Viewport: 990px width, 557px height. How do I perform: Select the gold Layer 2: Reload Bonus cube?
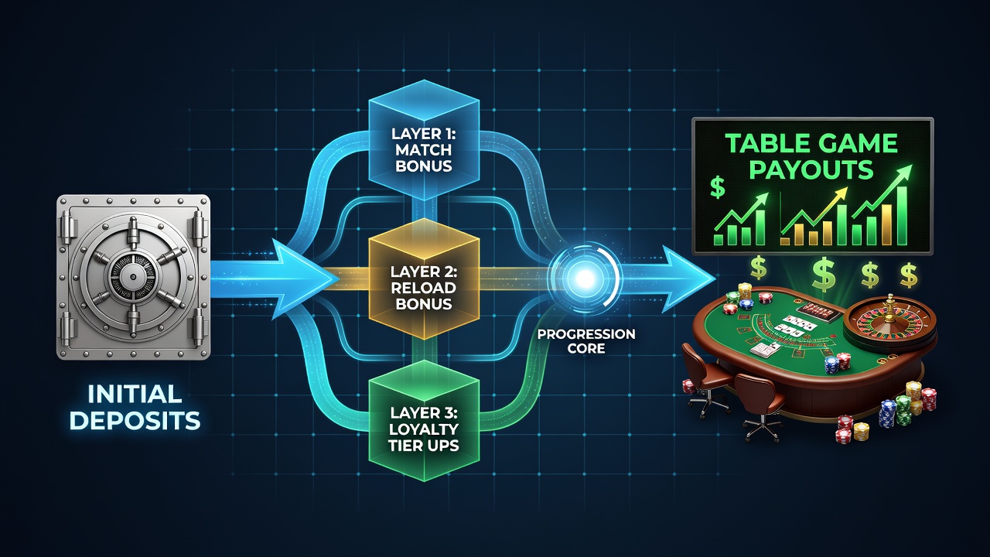pyautogui.click(x=424, y=279)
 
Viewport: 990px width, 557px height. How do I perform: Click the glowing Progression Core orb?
pyautogui.click(x=585, y=278)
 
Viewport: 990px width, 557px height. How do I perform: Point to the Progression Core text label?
pyautogui.click(x=586, y=341)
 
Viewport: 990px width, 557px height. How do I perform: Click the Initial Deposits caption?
pyautogui.click(x=135, y=407)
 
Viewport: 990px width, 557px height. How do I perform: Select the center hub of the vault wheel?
pyautogui.click(x=132, y=277)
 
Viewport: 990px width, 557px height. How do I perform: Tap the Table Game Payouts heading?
pyautogui.click(x=811, y=156)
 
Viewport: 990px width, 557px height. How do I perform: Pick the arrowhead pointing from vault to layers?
pyautogui.click(x=305, y=279)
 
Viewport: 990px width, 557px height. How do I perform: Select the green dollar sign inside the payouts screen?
pyautogui.click(x=717, y=187)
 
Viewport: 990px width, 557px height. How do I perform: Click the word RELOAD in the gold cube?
pyautogui.click(x=424, y=288)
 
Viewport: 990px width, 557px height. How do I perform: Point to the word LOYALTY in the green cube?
pyautogui.click(x=424, y=429)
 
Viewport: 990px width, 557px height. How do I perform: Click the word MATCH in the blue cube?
pyautogui.click(x=424, y=150)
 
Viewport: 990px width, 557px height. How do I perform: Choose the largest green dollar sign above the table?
pyautogui.click(x=824, y=274)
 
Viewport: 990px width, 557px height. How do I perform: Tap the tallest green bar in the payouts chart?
pyautogui.click(x=901, y=216)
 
